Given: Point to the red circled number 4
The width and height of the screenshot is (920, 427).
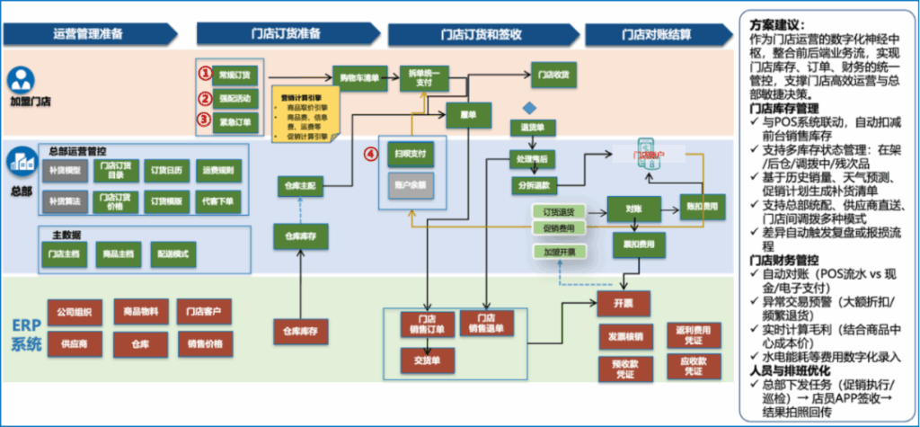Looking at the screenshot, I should pyautogui.click(x=369, y=154).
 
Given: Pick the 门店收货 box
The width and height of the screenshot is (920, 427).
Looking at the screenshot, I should pyautogui.click(x=553, y=75).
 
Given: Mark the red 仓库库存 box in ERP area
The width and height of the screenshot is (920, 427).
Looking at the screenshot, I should pyautogui.click(x=300, y=331).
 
